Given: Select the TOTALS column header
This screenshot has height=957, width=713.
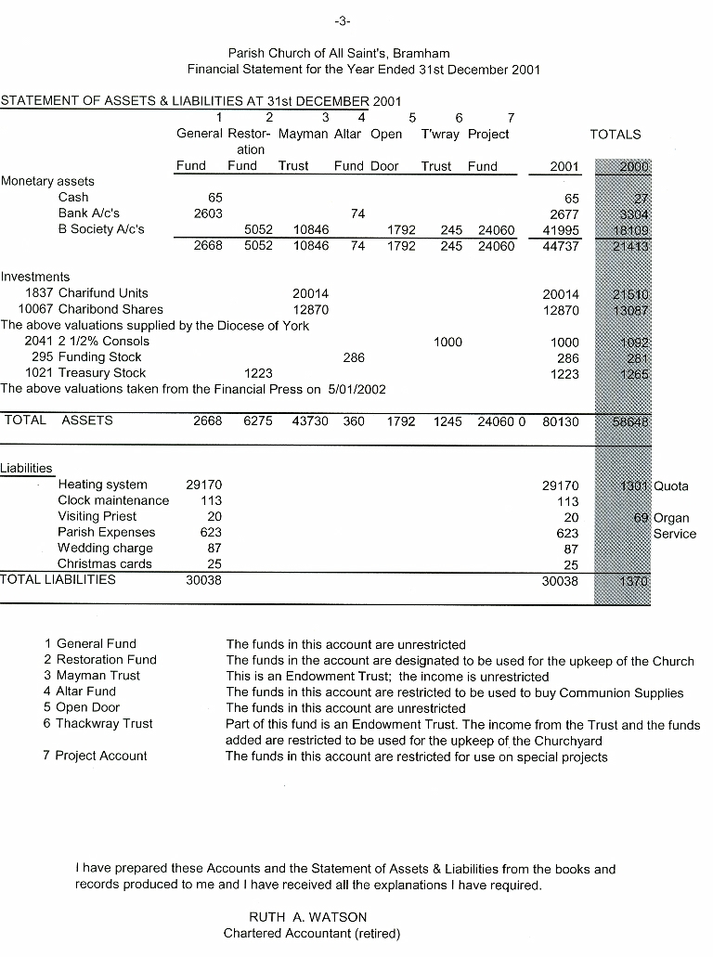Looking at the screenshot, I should point(615,134).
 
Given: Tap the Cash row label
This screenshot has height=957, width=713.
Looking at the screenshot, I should point(73,197).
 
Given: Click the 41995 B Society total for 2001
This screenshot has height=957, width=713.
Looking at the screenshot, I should point(561,229).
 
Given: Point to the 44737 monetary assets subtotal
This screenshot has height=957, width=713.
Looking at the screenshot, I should point(561,246).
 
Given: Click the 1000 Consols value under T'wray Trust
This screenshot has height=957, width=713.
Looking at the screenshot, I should point(447,342).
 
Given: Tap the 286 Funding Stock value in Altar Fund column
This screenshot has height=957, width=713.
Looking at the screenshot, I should point(353,357).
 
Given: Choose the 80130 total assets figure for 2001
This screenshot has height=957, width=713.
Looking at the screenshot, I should point(561,420).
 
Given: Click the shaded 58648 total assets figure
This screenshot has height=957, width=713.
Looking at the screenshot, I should point(631,420).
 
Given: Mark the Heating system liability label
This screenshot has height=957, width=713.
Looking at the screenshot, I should point(102,484).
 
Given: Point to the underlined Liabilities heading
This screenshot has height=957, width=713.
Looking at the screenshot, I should point(27,468).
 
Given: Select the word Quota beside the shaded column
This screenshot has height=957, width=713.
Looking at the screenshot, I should point(671,485).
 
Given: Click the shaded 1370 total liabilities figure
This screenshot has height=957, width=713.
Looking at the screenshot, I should point(633,580).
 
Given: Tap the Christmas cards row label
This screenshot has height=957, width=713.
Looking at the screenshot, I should point(102,563).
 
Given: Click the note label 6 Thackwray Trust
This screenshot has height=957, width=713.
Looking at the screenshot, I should point(97,723).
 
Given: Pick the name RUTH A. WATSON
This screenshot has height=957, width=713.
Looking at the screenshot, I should point(308,917).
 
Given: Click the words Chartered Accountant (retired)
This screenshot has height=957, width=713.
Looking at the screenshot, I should point(312,934).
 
